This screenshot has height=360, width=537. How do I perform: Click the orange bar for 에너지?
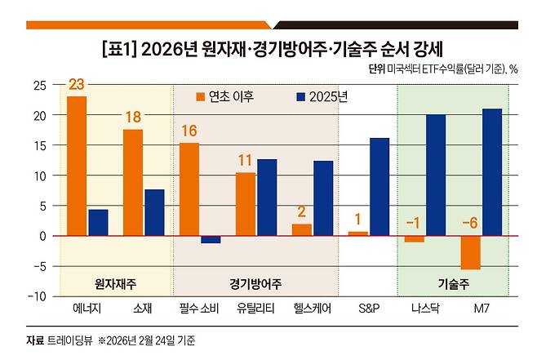click(x=77, y=166)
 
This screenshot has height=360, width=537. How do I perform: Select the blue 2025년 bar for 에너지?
click(x=98, y=223)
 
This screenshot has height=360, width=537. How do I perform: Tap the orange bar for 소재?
click(x=133, y=182)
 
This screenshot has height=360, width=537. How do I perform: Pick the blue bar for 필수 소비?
click(x=211, y=239)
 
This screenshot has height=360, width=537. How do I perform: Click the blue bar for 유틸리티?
click(x=267, y=197)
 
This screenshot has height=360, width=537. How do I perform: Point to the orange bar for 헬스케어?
click(x=302, y=229)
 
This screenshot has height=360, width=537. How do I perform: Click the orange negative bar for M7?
click(x=471, y=252)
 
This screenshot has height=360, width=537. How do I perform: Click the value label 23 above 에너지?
click(x=77, y=84)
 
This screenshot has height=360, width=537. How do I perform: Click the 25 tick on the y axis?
click(x=38, y=85)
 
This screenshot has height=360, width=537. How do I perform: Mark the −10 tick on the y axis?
click(x=36, y=296)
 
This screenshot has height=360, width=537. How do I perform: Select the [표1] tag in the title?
click(x=118, y=48)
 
